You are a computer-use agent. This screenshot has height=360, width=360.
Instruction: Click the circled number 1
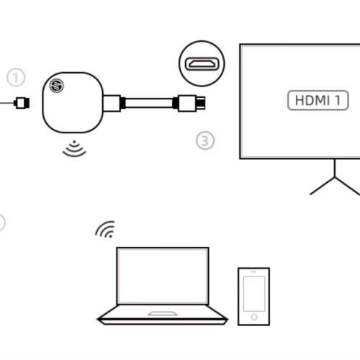pyautogui.click(x=16, y=78)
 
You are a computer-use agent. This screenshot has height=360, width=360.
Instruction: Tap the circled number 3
pyautogui.click(x=205, y=140)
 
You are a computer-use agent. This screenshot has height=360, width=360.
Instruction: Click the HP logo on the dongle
pyautogui.click(x=57, y=86)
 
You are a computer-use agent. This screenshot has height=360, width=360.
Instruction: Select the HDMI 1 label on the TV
pyautogui.click(x=318, y=100)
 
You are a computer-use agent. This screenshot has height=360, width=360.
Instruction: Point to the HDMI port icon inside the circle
pyautogui.click(x=202, y=64)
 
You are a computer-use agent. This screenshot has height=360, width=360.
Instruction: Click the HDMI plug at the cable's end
pyautogui.click(x=192, y=103)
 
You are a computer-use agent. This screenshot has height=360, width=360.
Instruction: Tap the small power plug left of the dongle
pyautogui.click(x=22, y=103)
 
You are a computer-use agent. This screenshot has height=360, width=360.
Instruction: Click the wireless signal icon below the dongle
pyautogui.click(x=74, y=149)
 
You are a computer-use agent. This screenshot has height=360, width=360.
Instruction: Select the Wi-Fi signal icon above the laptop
pyautogui.click(x=106, y=230)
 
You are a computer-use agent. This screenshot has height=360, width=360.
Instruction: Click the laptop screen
pyautogui.click(x=163, y=276)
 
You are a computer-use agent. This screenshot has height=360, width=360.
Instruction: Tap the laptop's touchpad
pyautogui.click(x=163, y=313)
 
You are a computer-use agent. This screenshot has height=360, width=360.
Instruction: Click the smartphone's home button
pyautogui.click(x=254, y=318)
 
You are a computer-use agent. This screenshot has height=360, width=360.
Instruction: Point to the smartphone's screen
pyautogui.click(x=254, y=294)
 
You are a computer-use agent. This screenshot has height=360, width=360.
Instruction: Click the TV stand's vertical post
pyautogui.click(x=335, y=168)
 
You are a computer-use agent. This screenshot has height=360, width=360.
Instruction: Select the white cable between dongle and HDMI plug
pyautogui.click(x=149, y=103)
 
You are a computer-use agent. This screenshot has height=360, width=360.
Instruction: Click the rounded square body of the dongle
pyautogui.click(x=73, y=102)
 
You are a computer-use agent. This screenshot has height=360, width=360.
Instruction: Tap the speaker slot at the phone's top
pyautogui.click(x=253, y=271)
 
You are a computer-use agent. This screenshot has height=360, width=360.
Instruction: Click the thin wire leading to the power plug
pyautogui.click(x=7, y=103)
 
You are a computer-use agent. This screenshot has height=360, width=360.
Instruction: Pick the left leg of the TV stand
pyautogui.click(x=323, y=186)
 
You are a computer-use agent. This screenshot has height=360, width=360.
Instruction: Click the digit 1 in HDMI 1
pyautogui.click(x=338, y=100)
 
